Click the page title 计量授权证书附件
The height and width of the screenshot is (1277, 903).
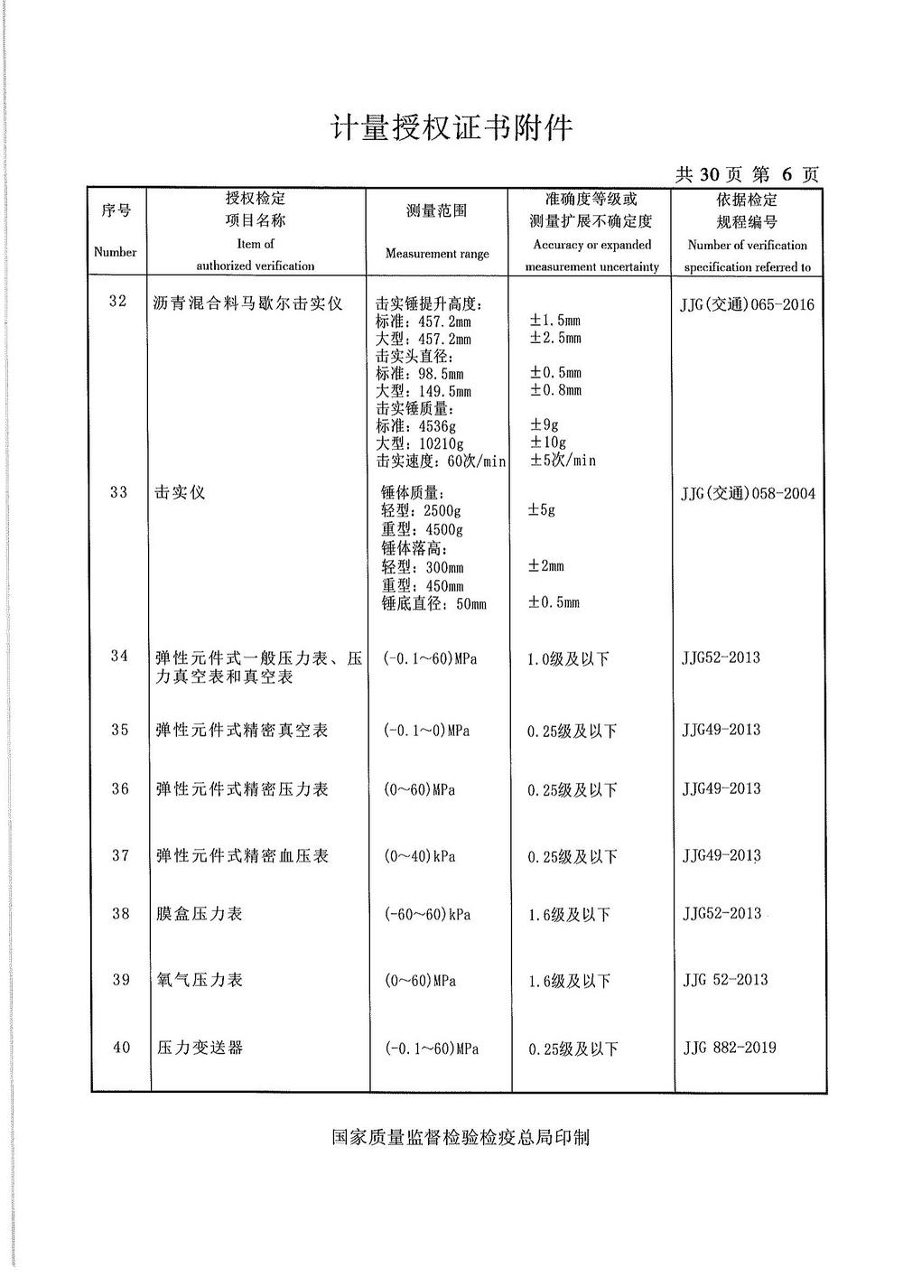[451, 128]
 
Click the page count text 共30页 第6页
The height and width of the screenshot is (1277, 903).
[748, 174]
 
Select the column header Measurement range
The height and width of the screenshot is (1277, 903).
[437, 254]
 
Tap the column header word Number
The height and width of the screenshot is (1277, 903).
[115, 252]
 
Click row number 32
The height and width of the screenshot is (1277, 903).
[118, 301]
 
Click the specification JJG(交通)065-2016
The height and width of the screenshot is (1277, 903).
[747, 304]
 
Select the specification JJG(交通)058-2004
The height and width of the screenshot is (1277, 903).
[747, 493]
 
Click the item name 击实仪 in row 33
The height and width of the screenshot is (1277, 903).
[180, 493]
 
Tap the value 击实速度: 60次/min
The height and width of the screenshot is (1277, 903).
[441, 461]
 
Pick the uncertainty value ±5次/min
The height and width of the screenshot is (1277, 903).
[562, 461]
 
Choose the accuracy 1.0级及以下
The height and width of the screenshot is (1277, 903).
[568, 659]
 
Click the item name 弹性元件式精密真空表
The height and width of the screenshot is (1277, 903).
[242, 730]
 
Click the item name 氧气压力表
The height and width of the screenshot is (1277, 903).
[200, 980]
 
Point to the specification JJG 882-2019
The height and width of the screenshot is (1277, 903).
[730, 1048]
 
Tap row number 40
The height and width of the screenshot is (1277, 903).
[121, 1048]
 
